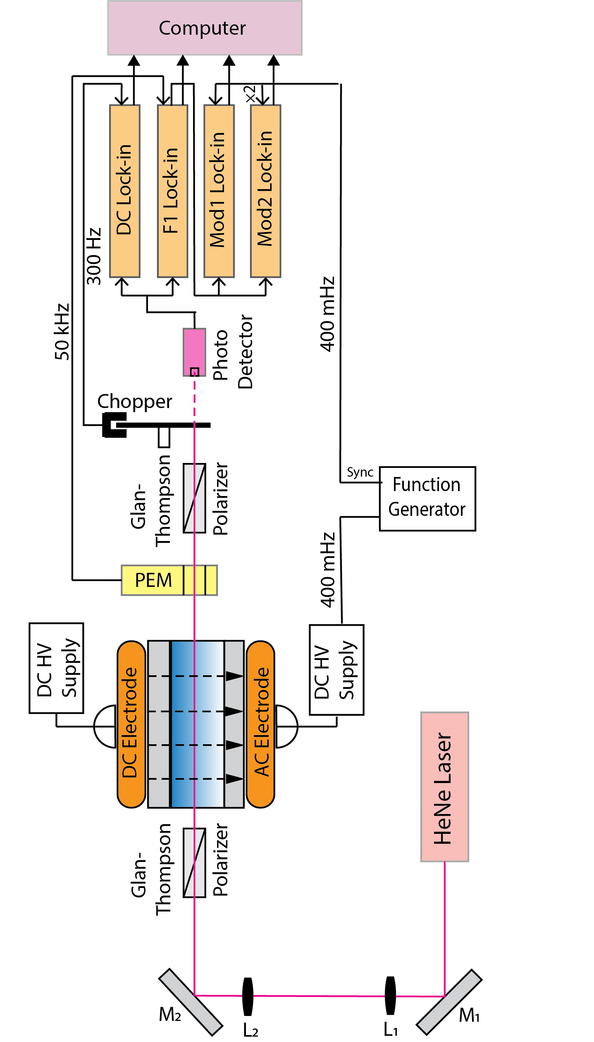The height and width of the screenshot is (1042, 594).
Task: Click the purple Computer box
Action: tap(205, 28)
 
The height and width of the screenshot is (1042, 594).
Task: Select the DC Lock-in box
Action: tap(124, 190)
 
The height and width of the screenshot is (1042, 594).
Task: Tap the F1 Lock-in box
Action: tap(172, 190)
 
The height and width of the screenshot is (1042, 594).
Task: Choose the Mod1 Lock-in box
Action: tap(219, 190)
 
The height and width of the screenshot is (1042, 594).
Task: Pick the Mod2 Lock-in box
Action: tap(265, 190)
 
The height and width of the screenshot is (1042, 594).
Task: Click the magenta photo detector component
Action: tap(194, 351)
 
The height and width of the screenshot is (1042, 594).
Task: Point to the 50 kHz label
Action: tap(62, 332)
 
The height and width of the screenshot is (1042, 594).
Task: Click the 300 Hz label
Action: tap(94, 256)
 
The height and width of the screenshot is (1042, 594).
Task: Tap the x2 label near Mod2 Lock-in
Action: tap(250, 94)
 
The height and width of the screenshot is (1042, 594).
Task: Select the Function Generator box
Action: tap(427, 498)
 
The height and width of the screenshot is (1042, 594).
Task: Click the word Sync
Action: tap(360, 472)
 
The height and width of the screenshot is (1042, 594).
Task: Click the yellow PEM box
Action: tap(169, 580)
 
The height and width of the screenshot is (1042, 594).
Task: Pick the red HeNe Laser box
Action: tap(444, 786)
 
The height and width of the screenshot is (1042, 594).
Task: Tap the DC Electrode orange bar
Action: tap(131, 724)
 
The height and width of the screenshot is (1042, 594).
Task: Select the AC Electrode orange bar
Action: tap(260, 724)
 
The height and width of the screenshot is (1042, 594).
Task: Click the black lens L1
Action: tap(390, 995)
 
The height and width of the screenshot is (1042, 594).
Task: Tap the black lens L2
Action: tap(248, 996)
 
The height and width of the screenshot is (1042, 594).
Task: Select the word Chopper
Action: tap(135, 401)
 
